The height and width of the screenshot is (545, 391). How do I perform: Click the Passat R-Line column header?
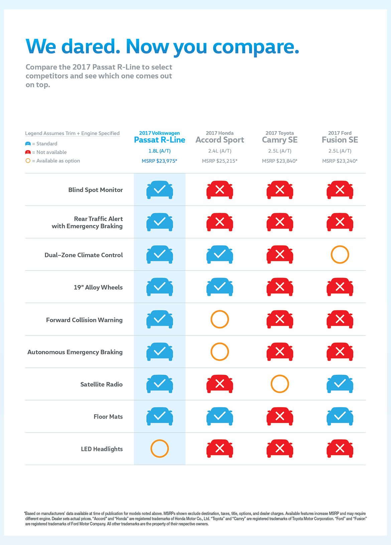point(159,140)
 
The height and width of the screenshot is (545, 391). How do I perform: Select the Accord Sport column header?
point(220,140)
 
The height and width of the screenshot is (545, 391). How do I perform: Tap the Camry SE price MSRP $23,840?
point(279,161)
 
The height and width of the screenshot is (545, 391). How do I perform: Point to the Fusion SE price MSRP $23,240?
point(340,161)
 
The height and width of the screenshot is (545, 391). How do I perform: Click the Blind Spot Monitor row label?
point(96,190)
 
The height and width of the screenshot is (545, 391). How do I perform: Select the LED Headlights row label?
point(102,449)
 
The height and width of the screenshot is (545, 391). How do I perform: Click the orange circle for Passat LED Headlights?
point(159,448)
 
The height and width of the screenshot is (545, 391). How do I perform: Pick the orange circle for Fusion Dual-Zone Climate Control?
point(340,254)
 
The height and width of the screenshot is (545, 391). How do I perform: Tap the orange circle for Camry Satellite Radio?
point(280,384)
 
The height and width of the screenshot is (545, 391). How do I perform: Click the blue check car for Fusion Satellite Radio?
point(340,384)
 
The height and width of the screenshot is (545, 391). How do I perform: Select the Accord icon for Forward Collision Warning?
point(220,319)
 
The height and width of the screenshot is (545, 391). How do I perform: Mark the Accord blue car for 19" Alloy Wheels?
point(220,287)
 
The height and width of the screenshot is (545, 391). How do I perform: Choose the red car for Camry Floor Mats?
point(280,416)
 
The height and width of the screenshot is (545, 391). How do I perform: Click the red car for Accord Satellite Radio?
point(220,384)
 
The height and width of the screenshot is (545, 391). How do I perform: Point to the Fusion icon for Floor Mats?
point(340,416)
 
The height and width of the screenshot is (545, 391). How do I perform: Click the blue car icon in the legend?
point(28,144)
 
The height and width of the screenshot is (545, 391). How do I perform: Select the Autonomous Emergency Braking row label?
point(75,352)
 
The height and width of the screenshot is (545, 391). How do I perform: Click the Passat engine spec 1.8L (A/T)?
point(159,151)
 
